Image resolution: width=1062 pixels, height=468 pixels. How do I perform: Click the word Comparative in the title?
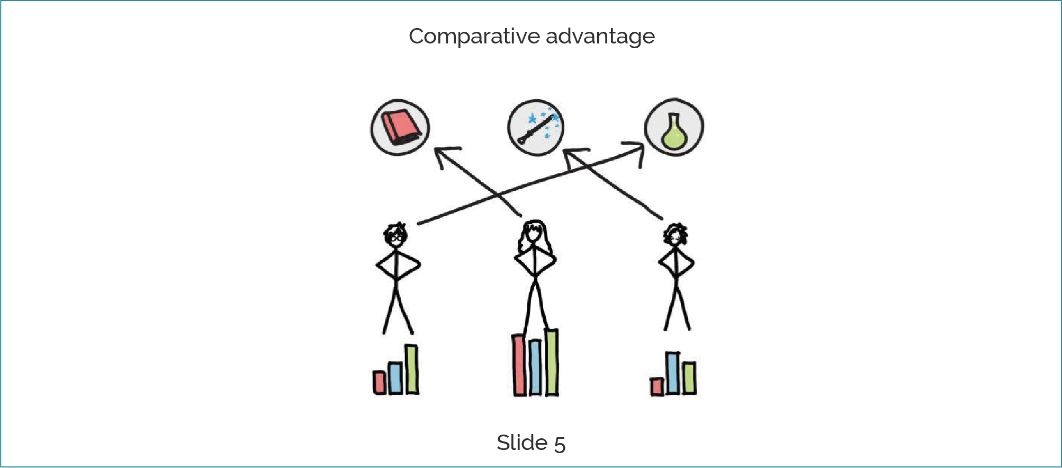pyautogui.click(x=474, y=37)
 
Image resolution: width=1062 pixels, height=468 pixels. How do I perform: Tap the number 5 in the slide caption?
pyautogui.click(x=560, y=444)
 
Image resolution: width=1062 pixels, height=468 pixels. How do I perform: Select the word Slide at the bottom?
pyautogui.click(x=521, y=443)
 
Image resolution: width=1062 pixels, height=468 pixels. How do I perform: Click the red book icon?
pyautogui.click(x=400, y=127)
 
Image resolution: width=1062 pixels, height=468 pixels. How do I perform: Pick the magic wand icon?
pyautogui.click(x=536, y=127)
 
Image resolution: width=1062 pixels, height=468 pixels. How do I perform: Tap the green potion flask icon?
pyautogui.click(x=674, y=127)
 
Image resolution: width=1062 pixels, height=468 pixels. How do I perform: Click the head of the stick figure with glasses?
pyautogui.click(x=395, y=236)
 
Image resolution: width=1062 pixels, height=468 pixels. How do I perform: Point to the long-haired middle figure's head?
pyautogui.click(x=534, y=234)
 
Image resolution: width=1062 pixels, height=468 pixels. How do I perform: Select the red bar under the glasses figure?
pyautogui.click(x=379, y=382)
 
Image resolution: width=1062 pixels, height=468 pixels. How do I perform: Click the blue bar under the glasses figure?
pyautogui.click(x=395, y=378)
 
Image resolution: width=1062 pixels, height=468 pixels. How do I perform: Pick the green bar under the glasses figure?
pyautogui.click(x=411, y=369)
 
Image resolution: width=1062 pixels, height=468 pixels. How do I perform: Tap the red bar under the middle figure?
pyautogui.click(x=519, y=365)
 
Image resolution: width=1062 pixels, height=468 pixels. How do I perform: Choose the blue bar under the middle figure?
pyautogui.click(x=535, y=367)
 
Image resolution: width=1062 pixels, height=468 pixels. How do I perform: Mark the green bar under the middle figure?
pyautogui.click(x=551, y=362)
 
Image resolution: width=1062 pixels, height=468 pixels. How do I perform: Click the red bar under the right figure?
pyautogui.click(x=657, y=386)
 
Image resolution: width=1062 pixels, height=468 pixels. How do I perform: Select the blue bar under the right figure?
pyautogui.click(x=672, y=373)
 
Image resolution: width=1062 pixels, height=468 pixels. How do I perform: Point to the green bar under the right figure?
pyautogui.click(x=689, y=378)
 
